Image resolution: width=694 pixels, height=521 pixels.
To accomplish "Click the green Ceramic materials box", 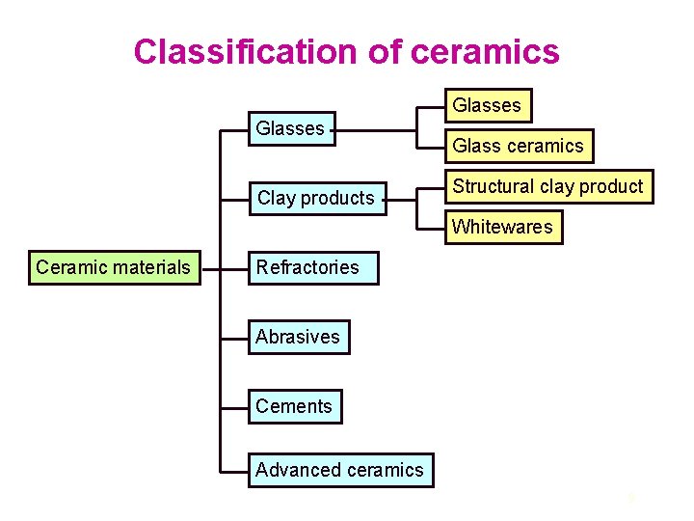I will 114,267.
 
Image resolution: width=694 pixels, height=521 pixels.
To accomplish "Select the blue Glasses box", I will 290,127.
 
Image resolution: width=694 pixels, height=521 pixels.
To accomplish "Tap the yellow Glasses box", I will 487,105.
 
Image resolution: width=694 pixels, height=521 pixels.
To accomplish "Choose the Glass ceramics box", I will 519,146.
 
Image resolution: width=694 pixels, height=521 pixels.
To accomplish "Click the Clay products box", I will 316,198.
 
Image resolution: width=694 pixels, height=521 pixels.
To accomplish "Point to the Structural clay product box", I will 547,186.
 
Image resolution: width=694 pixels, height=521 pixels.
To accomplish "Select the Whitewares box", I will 502,227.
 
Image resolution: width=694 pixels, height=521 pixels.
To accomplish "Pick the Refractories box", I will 307,267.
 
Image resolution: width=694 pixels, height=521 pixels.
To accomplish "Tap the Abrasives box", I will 298,337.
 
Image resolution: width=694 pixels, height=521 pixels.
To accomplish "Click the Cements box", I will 294,406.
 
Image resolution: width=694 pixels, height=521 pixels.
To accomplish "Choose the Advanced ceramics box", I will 340,470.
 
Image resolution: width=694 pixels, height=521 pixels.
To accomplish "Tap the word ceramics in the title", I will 485,51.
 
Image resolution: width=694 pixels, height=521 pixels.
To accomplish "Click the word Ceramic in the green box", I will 69,267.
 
